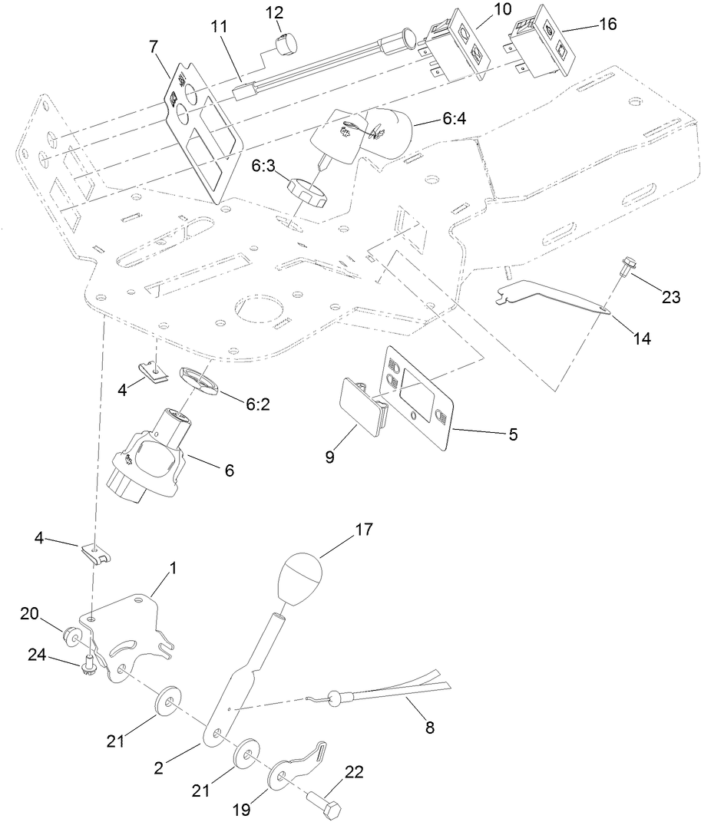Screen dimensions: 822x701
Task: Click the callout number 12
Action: (x=274, y=13)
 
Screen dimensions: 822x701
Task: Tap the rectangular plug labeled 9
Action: (x=363, y=406)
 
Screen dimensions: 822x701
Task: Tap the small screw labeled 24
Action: (x=91, y=662)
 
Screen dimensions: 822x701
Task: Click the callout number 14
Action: (x=641, y=338)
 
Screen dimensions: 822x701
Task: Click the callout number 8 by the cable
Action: (x=429, y=728)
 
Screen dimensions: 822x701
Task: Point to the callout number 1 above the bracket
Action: (x=173, y=568)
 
